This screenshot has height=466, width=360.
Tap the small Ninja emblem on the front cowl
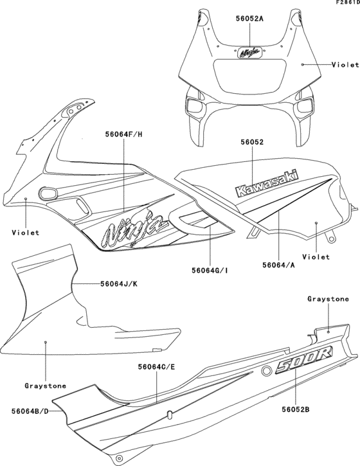tap(251, 52)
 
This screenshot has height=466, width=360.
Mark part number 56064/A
tap(278, 264)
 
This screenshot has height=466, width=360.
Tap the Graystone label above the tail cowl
tap(328, 299)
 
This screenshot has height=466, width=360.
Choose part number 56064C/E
tap(157, 367)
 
